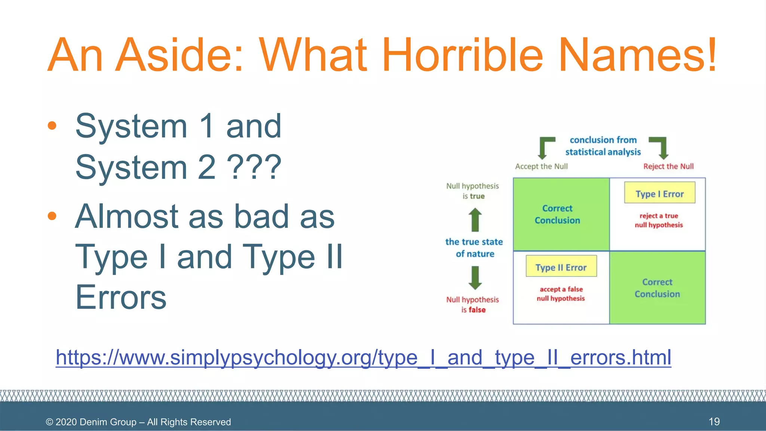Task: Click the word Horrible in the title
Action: pyautogui.click(x=462, y=55)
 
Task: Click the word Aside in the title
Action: pyautogui.click(x=179, y=55)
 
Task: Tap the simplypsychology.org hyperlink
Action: pyautogui.click(x=363, y=357)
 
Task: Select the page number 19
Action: pyautogui.click(x=714, y=422)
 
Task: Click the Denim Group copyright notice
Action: pyautogui.click(x=138, y=422)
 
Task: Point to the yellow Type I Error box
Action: pyautogui.click(x=659, y=193)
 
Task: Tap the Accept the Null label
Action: pyautogui.click(x=541, y=166)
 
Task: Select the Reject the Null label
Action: pyautogui.click(x=668, y=166)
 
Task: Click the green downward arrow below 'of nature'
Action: pyautogui.click(x=475, y=278)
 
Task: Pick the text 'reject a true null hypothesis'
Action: pyautogui.click(x=659, y=220)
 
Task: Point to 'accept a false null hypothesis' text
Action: pyautogui.click(x=561, y=294)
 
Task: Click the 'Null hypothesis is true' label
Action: pyautogui.click(x=473, y=191)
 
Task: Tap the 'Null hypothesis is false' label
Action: pyautogui.click(x=473, y=305)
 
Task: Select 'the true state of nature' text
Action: pyautogui.click(x=474, y=248)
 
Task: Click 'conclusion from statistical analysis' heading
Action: pyautogui.click(x=603, y=146)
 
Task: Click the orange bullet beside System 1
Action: pyautogui.click(x=52, y=125)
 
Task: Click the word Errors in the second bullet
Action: pyautogui.click(x=121, y=297)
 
